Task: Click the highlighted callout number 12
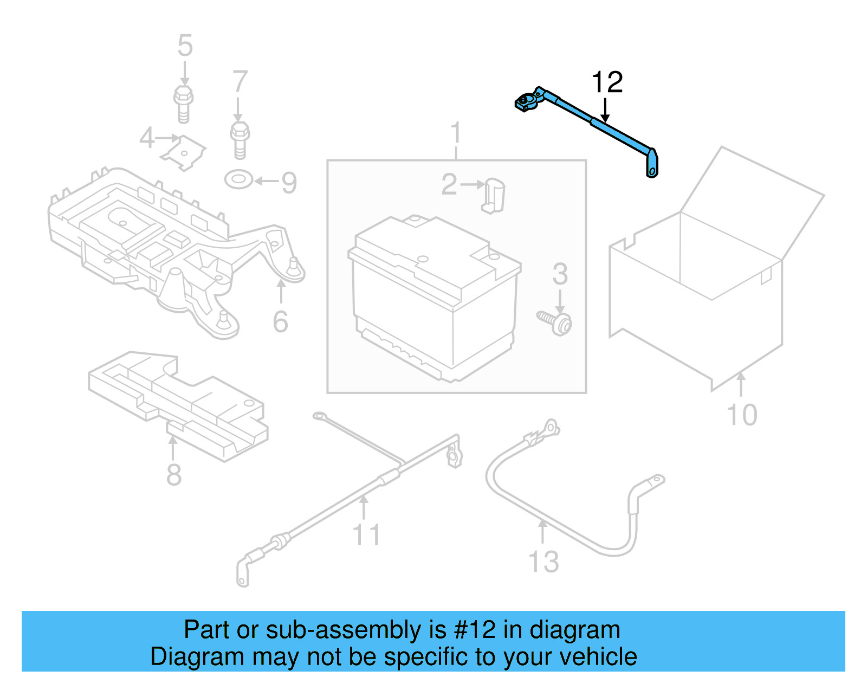[607, 82]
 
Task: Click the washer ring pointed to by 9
[238, 179]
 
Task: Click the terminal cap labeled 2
[493, 195]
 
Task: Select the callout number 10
[741, 415]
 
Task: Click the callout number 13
[543, 562]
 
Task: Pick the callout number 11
[367, 534]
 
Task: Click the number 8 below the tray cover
[173, 475]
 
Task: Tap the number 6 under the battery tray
[280, 322]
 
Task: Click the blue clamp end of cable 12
[527, 102]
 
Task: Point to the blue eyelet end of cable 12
[652, 165]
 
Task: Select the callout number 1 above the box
[456, 133]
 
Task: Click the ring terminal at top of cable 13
[551, 427]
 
